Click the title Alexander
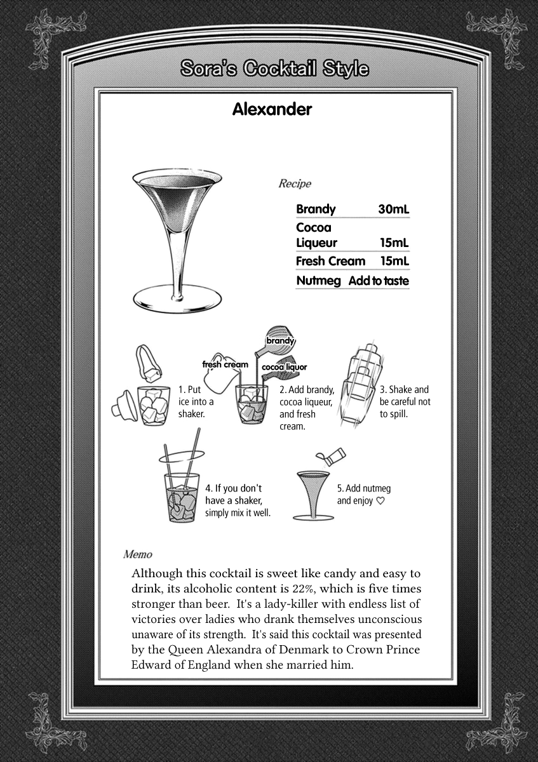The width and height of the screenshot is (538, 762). pyautogui.click(x=272, y=109)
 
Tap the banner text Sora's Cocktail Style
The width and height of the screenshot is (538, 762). pyautogui.click(x=274, y=69)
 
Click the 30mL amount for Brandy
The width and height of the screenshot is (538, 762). pyautogui.click(x=393, y=209)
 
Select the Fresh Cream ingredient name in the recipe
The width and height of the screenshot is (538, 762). pyautogui.click(x=330, y=261)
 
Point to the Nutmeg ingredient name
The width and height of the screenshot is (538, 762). pyautogui.click(x=318, y=281)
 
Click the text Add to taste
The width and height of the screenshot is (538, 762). pyautogui.click(x=379, y=281)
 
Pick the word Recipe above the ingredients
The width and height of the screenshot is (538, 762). pyautogui.click(x=295, y=184)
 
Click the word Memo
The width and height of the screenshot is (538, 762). pyautogui.click(x=138, y=554)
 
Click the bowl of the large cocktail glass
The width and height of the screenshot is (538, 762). pyautogui.click(x=177, y=197)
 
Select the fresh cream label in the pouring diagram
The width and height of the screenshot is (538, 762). pyautogui.click(x=225, y=364)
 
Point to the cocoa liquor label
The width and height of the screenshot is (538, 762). pyautogui.click(x=284, y=367)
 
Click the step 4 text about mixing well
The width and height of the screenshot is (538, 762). pyautogui.click(x=238, y=500)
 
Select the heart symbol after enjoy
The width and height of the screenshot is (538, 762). pyautogui.click(x=380, y=500)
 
